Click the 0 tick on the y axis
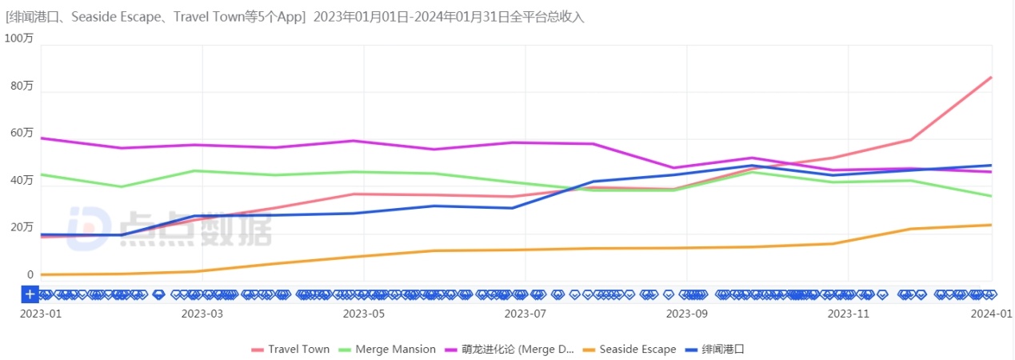point(30,274)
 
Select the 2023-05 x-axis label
point(363,314)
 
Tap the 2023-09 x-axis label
point(687,314)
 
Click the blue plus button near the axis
point(30,294)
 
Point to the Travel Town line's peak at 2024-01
point(991,78)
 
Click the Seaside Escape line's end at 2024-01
point(991,225)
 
